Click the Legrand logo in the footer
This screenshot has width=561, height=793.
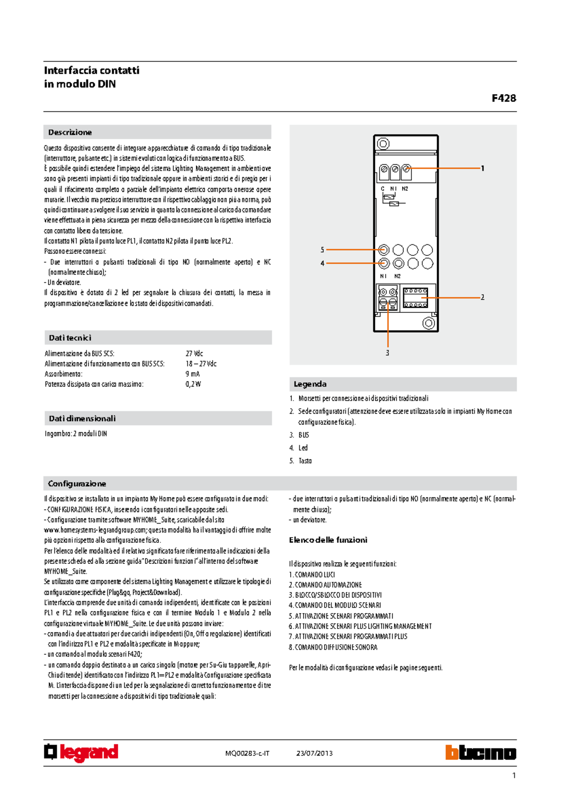pyautogui.click(x=81, y=752)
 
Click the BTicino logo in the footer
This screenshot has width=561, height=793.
pyautogui.click(x=481, y=752)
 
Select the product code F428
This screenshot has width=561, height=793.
pyautogui.click(x=503, y=98)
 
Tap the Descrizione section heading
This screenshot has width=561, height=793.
pyautogui.click(x=70, y=132)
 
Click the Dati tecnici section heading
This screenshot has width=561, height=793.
pyautogui.click(x=70, y=338)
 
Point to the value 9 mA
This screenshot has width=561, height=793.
pyautogui.click(x=193, y=374)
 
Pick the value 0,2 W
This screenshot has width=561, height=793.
pyautogui.click(x=193, y=384)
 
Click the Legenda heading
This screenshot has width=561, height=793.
pyautogui.click(x=310, y=384)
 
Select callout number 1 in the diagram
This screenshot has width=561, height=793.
pyautogui.click(x=482, y=168)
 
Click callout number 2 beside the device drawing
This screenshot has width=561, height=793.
pyautogui.click(x=482, y=297)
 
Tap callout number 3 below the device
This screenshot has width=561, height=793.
pyautogui.click(x=387, y=353)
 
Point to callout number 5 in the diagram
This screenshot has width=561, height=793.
pyautogui.click(x=322, y=250)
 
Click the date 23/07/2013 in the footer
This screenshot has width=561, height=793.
pyautogui.click(x=314, y=753)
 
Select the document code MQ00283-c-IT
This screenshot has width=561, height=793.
pyautogui.click(x=247, y=753)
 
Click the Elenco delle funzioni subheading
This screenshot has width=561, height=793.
pyautogui.click(x=328, y=540)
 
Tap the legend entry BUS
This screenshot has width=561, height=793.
pyautogui.click(x=303, y=435)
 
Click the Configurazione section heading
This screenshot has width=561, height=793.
pyautogui.click(x=77, y=483)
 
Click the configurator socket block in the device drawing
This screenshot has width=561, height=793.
pyautogui.click(x=415, y=298)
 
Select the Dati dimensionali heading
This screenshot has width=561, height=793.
pyautogui.click(x=82, y=418)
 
